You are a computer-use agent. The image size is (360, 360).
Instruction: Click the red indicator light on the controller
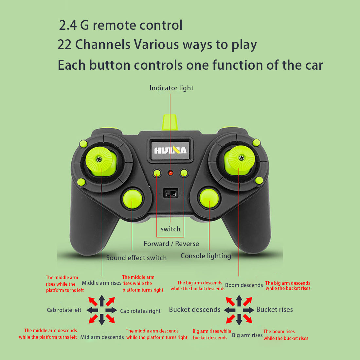point(171,173)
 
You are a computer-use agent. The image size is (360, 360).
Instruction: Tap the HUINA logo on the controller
point(170,150)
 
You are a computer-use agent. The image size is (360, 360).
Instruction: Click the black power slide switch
point(171,193)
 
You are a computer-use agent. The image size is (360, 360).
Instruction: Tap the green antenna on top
point(171,122)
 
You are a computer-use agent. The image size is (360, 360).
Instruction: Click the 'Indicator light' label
point(171,88)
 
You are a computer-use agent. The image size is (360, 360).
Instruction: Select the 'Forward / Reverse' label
point(171,244)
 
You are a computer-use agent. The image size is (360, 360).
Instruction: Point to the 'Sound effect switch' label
point(136,258)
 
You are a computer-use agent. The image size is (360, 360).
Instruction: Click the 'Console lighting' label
point(206,256)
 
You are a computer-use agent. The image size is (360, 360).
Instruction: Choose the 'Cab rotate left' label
point(64,310)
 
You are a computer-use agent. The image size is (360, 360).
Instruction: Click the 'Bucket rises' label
point(274,310)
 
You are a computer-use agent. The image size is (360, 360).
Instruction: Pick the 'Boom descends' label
point(244,285)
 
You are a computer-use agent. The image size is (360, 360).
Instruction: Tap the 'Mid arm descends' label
point(102,337)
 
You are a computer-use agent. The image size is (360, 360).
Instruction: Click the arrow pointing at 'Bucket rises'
point(248,310)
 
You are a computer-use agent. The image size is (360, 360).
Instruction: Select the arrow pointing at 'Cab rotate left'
point(93,310)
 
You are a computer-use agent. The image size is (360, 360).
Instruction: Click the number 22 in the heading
point(64,45)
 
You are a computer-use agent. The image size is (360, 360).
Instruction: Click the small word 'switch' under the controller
point(170,229)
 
